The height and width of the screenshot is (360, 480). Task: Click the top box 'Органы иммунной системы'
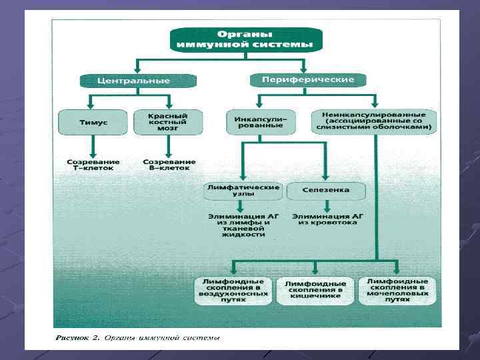click(245, 39)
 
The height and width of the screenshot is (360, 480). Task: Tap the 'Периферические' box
click(303, 80)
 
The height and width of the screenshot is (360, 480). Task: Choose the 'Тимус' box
click(93, 123)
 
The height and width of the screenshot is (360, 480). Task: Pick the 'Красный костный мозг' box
click(168, 122)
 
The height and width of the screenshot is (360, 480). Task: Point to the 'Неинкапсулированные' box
click(374, 121)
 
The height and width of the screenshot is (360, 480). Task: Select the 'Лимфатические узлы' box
click(243, 191)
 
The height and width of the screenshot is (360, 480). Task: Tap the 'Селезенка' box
click(326, 191)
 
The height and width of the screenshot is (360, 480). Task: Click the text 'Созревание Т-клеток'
click(93, 165)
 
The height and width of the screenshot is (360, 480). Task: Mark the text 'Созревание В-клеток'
click(169, 165)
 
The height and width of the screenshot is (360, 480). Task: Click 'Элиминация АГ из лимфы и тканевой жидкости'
click(243, 225)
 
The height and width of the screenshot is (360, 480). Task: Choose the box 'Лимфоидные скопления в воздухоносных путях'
click(233, 291)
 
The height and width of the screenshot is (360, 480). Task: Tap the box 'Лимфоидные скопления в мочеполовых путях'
click(397, 290)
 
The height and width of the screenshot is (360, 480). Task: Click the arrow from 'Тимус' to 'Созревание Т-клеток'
click(93, 146)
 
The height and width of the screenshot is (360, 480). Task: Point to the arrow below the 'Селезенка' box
click(327, 206)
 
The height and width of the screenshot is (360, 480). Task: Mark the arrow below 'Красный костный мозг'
click(169, 146)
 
